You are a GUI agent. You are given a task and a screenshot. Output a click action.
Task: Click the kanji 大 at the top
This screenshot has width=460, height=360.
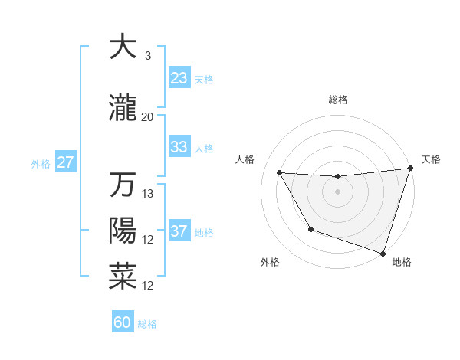click(x=123, y=47)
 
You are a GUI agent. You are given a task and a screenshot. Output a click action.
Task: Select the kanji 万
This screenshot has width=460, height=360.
click(x=123, y=185)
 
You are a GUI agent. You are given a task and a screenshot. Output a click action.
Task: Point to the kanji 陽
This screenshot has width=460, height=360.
click(x=123, y=231)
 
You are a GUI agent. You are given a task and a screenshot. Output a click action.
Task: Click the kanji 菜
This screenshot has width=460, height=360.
click(x=123, y=277)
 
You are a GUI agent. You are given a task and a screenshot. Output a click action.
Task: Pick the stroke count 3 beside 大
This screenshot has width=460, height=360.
click(x=147, y=56)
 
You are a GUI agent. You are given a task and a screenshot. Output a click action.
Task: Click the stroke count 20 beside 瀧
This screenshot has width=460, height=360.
click(x=147, y=117)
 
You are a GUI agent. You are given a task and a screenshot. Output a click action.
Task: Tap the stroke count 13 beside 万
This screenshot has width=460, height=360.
click(x=148, y=194)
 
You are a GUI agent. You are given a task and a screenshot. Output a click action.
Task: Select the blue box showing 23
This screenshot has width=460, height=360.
click(x=179, y=77)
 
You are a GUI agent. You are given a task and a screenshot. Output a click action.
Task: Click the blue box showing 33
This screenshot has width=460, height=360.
click(x=179, y=146)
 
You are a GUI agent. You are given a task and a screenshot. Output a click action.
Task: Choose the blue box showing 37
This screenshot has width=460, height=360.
click(x=179, y=231)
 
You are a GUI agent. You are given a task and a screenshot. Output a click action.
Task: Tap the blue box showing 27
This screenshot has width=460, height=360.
click(x=66, y=162)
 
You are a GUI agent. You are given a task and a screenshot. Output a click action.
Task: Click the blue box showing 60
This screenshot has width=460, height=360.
click(x=123, y=322)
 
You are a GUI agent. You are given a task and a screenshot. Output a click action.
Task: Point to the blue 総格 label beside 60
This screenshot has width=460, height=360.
click(x=147, y=324)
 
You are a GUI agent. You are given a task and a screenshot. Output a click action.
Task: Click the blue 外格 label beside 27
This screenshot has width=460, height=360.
click(x=41, y=163)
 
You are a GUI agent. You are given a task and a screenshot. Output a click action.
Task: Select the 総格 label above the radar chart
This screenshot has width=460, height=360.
click(x=337, y=100)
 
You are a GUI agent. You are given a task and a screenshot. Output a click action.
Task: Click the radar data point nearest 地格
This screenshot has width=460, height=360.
click(x=383, y=252)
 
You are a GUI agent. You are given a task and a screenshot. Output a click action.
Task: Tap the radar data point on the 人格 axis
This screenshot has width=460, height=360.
click(x=280, y=173)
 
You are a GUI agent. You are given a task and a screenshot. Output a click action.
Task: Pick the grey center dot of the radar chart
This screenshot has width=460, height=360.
click(x=337, y=191)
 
